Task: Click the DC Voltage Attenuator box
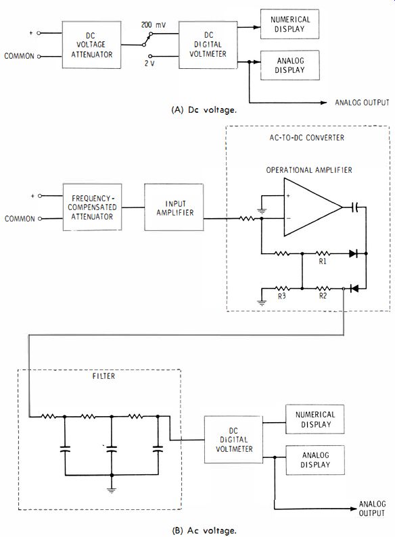click(91, 45)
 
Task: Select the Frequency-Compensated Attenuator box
click(92, 207)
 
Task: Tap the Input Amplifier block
click(174, 207)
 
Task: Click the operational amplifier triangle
click(312, 207)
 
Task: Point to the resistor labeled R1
click(323, 253)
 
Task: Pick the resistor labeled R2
click(323, 288)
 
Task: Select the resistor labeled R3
click(282, 288)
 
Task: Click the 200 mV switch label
click(154, 25)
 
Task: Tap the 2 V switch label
click(149, 63)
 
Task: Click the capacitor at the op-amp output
click(355, 207)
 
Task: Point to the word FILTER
click(103, 376)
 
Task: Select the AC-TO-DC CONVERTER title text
click(306, 138)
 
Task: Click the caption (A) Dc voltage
click(204, 110)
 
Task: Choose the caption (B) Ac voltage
click(204, 530)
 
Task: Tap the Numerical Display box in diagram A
click(289, 24)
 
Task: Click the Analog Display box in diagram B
click(315, 460)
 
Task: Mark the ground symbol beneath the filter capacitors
click(112, 490)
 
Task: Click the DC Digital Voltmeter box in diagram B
click(233, 440)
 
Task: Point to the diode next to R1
click(354, 253)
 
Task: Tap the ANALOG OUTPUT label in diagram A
click(362, 103)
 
